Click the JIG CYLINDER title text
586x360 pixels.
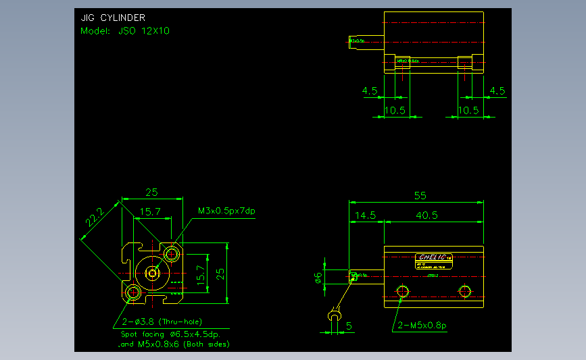(x=113, y=18)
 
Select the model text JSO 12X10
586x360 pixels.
(x=125, y=31)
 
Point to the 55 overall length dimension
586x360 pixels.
(x=420, y=195)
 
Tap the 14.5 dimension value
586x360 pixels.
(x=364, y=215)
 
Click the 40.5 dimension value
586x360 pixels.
(x=426, y=215)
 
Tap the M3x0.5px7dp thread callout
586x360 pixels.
(x=226, y=211)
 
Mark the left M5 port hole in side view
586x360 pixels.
(x=404, y=291)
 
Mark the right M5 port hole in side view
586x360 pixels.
(x=464, y=291)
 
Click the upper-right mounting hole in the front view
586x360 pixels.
(x=172, y=254)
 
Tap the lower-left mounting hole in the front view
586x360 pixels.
(x=132, y=292)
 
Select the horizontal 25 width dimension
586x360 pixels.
(x=152, y=192)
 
